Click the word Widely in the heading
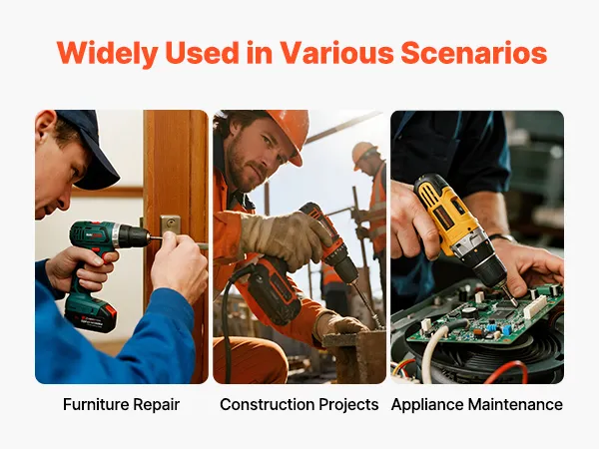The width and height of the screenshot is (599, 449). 108,53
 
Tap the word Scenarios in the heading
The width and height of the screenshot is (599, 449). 473,53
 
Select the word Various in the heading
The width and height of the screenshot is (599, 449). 337,53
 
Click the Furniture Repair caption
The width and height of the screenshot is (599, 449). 121,404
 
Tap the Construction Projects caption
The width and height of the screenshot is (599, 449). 299,404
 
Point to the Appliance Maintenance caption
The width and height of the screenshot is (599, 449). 477,404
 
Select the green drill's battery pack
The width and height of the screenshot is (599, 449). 90,312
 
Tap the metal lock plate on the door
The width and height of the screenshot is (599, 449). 170,224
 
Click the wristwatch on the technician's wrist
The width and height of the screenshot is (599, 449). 502,237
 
